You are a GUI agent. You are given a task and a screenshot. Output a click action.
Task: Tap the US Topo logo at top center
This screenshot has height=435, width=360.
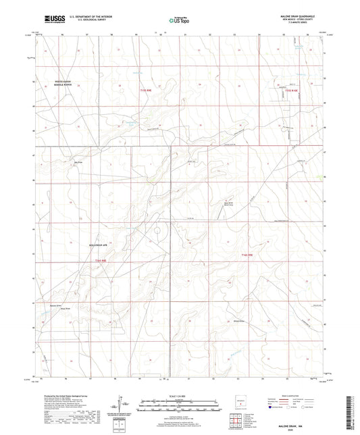[180, 20]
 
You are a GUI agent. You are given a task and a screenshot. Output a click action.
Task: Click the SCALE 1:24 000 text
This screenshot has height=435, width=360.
[180, 394]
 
